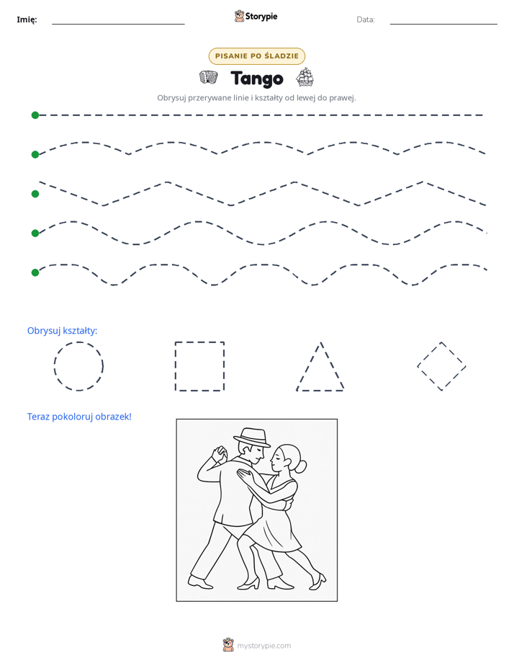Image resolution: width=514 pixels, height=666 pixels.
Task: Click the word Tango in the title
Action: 257,79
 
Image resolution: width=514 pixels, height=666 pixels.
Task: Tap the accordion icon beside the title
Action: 209,77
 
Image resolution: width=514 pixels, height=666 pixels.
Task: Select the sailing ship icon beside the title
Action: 305,77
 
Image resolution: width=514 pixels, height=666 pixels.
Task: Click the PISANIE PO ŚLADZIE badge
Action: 257,56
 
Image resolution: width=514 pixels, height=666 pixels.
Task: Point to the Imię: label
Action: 27,19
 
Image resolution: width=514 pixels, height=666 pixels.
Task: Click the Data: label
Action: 366,19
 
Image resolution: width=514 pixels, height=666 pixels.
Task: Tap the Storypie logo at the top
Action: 256,16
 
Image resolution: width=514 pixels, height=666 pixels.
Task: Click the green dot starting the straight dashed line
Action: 35,115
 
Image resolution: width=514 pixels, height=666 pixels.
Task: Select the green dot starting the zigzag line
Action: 35,194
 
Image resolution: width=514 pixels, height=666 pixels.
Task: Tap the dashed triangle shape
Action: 309,366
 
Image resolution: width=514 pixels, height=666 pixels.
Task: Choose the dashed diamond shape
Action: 429,354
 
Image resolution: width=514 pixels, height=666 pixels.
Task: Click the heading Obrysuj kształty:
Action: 63,330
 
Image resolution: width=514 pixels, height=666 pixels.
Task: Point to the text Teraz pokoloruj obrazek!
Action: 79,417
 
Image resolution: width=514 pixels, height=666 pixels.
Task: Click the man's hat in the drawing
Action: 252,437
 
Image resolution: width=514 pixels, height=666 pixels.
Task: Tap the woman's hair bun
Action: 301,467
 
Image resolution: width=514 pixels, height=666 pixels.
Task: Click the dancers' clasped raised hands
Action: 220,454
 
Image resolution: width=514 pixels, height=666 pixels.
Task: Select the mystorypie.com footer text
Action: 263,646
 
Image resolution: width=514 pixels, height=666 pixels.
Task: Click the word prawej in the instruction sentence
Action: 343,98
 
